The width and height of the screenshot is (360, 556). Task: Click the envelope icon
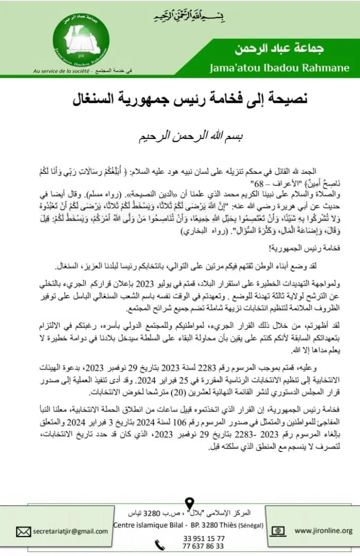24,531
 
